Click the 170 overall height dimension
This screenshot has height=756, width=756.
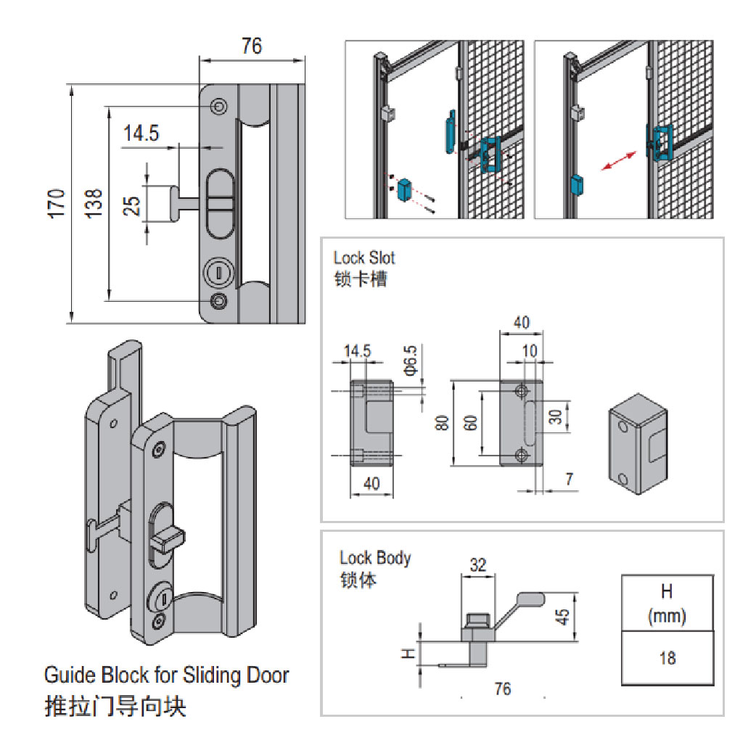pos(59,202)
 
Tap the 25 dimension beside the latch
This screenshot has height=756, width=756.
pos(132,204)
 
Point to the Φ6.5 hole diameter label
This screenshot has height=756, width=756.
pos(410,361)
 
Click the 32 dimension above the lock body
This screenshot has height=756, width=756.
pos(477,564)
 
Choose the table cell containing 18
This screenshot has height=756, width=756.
pos(667,657)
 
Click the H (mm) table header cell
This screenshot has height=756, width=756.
pos(667,602)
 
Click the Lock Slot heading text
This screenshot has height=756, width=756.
pos(364,258)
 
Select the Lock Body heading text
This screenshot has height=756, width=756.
pos(375,558)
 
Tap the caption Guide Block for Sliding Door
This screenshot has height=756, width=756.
pos(166,675)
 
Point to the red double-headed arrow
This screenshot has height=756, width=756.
pos(619,161)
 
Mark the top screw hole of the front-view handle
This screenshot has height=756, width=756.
pos(218,107)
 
